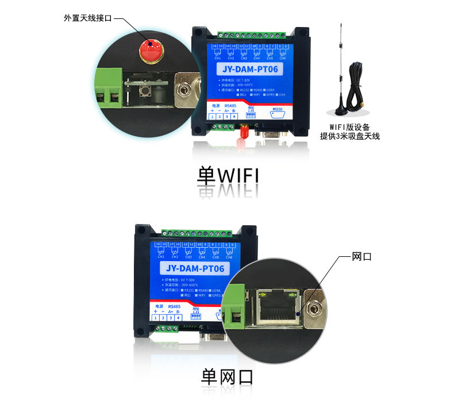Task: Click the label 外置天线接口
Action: [88, 18]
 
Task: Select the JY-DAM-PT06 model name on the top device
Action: [251, 70]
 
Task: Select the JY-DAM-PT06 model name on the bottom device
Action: [195, 268]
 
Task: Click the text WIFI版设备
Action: [349, 127]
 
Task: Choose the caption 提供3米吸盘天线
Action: [350, 137]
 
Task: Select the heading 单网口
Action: [226, 377]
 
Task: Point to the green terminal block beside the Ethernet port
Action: [236, 313]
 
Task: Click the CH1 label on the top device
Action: [217, 58]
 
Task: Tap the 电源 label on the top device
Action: [216, 106]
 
